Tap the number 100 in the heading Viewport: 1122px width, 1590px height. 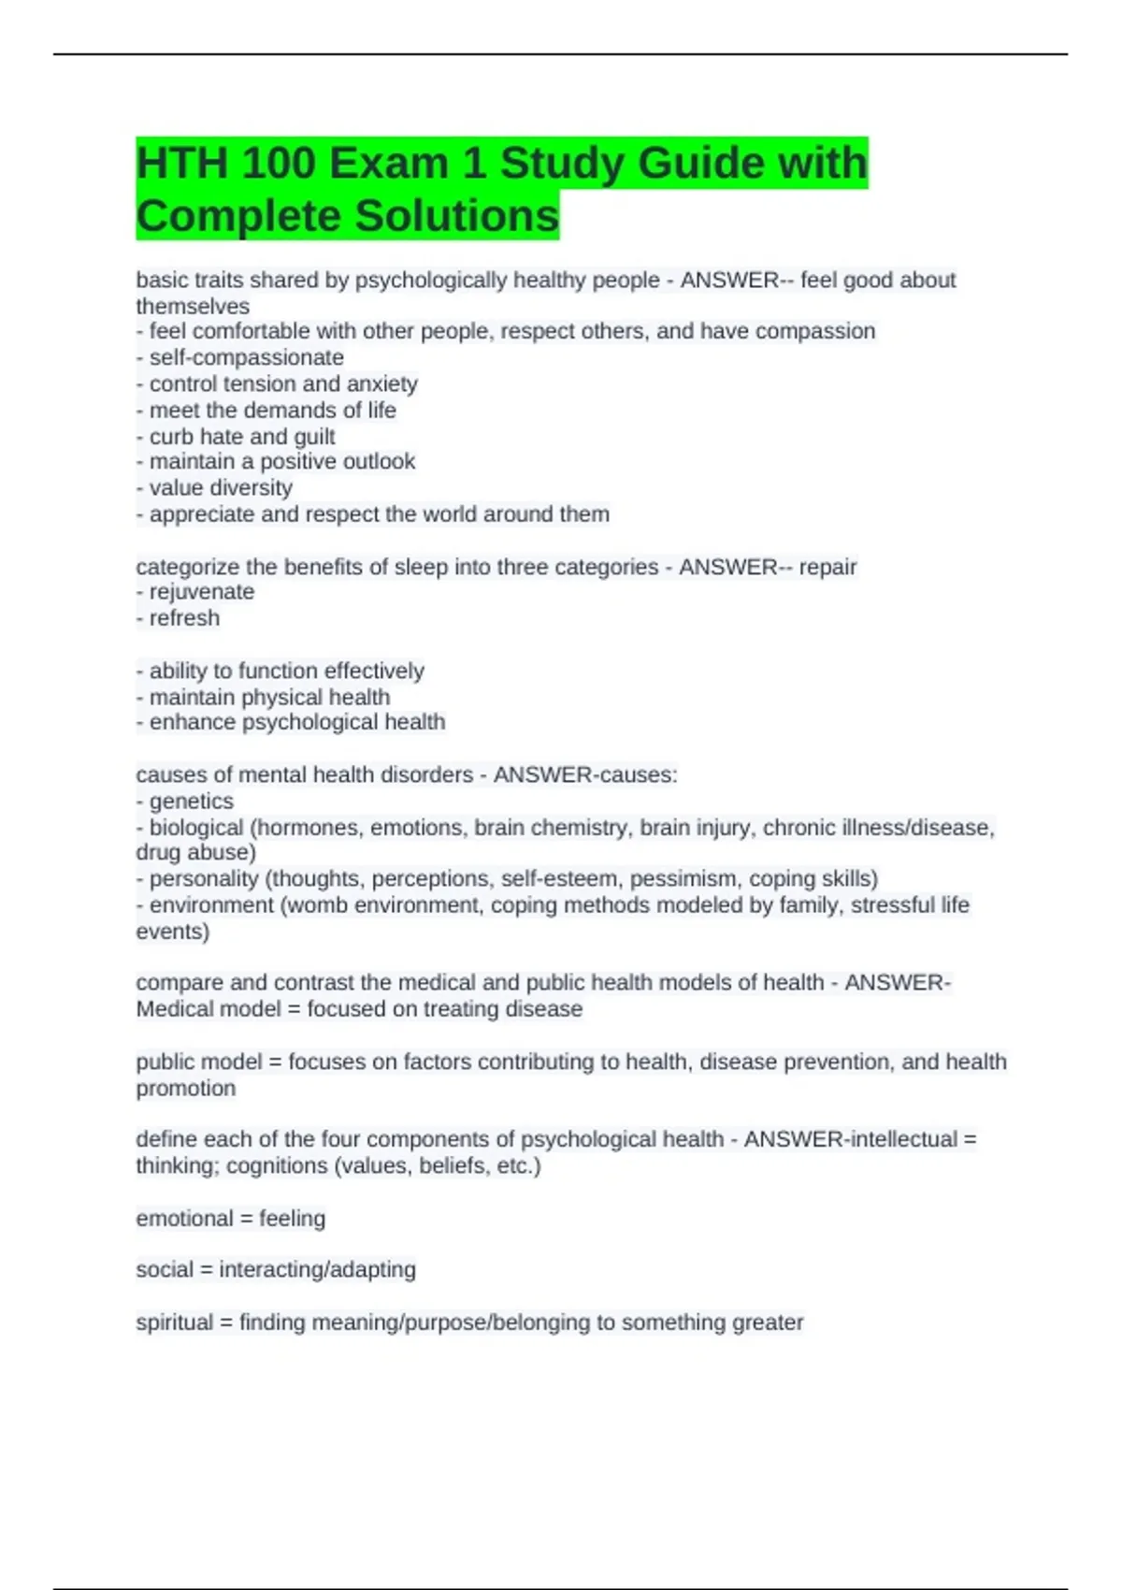click(278, 164)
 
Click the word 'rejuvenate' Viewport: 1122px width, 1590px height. click(201, 592)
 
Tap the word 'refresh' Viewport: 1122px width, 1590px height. click(184, 618)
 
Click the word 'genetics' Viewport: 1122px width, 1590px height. click(191, 801)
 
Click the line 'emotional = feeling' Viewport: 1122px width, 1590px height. click(231, 1219)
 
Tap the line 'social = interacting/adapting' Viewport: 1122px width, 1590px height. click(276, 1269)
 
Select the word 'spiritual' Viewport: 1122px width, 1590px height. click(174, 1323)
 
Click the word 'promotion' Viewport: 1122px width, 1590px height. click(185, 1089)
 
